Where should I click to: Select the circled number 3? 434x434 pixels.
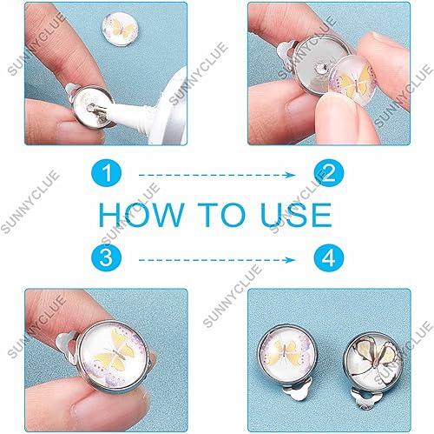[x=108, y=258]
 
